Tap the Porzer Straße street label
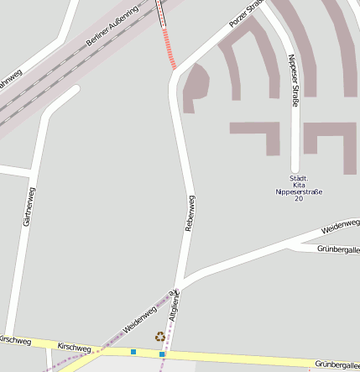coord(247,15)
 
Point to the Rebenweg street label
coord(190,213)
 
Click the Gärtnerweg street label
coord(29,207)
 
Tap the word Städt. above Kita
coord(299,178)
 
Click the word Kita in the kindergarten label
coord(299,185)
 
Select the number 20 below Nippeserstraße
coord(299,199)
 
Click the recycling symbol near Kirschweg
coord(159,337)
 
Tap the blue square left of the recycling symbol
coord(133,351)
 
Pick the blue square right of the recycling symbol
coord(162,354)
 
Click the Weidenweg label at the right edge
coord(340,226)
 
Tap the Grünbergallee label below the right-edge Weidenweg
coord(338,249)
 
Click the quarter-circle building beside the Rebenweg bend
coord(194,85)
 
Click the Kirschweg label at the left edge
coord(14,340)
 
